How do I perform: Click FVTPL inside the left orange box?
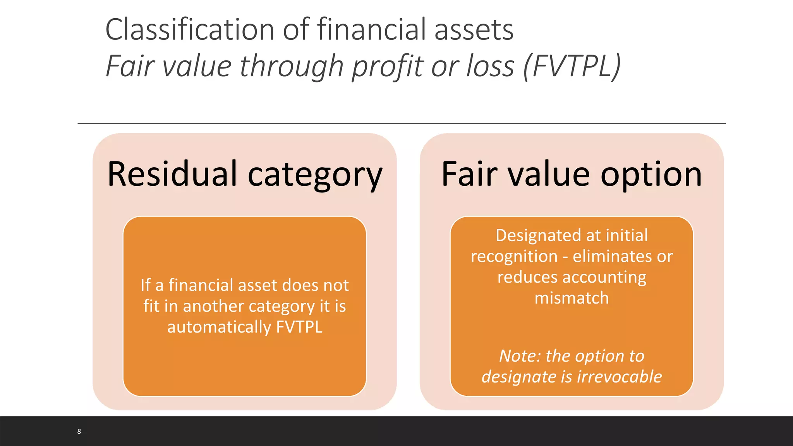point(299,327)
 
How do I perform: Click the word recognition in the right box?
point(514,256)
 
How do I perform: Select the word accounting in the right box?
point(604,278)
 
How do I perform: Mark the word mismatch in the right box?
point(572,298)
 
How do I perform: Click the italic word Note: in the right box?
point(520,356)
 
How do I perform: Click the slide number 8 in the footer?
point(79,431)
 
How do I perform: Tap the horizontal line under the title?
point(401,124)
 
